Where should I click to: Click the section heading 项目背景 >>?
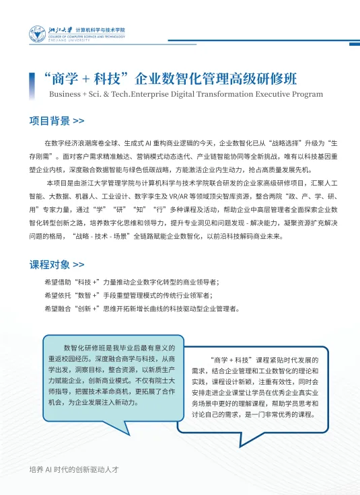point(57,122)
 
